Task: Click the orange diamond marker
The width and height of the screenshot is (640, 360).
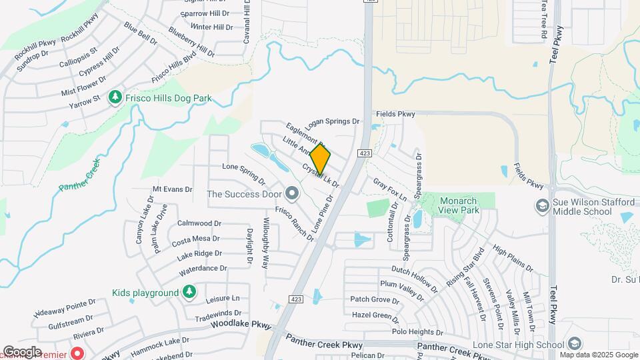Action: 320,159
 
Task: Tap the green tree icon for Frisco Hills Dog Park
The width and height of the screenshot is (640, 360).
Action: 115,98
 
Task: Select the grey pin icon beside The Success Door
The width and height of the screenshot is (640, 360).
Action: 291,194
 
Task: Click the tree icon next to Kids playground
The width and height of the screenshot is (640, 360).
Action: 190,293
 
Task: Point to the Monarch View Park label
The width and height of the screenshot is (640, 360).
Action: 459,205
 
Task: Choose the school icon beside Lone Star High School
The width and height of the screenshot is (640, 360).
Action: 575,345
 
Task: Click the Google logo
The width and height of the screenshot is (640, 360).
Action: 22,351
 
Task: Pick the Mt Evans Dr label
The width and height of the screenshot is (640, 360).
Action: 172,189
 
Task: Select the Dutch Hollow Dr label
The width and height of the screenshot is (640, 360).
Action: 414,279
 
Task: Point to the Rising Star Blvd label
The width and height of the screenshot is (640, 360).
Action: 465,269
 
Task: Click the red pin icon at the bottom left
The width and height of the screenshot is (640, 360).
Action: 77,352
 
